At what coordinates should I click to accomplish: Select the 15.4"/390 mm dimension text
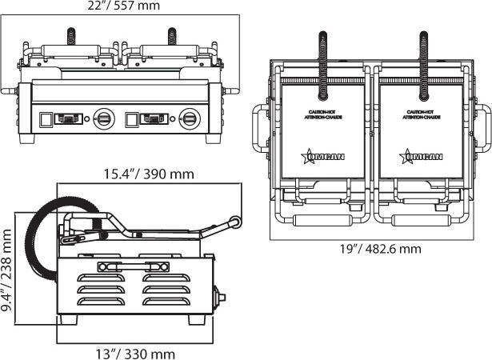point(148,174)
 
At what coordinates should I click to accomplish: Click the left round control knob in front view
point(103,118)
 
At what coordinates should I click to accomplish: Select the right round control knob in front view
point(190,118)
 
